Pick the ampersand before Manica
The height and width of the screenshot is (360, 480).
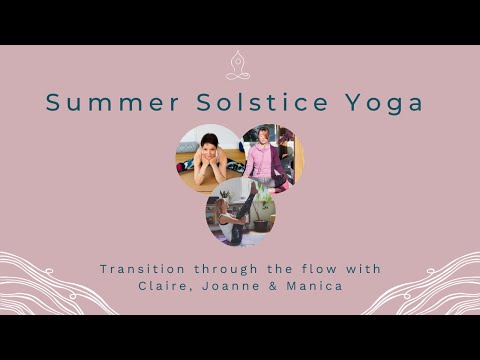279,287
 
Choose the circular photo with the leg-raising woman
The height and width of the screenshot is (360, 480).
241,212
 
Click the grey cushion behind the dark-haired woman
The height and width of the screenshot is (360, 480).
186,146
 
